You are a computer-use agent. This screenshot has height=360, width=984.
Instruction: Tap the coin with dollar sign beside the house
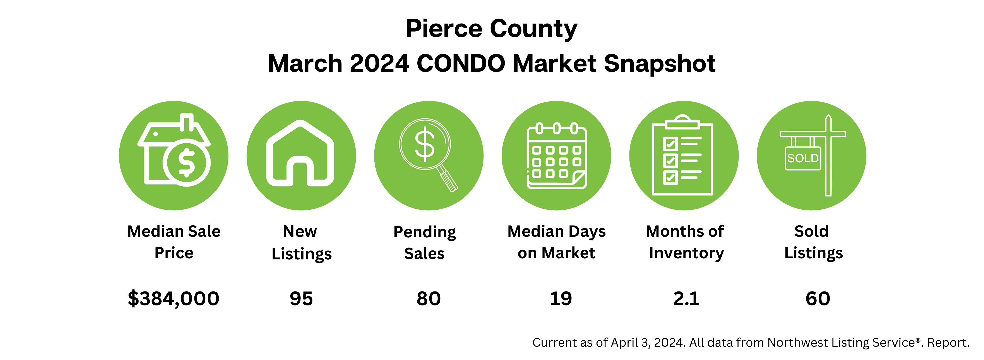coord(186,162)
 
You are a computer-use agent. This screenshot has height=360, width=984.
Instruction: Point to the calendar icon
coord(557,156)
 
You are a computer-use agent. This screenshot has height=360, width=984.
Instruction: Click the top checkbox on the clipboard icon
coord(671,144)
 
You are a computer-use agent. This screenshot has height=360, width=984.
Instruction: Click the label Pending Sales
coord(424,243)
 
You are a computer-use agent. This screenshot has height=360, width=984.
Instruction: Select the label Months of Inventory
coord(686,242)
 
